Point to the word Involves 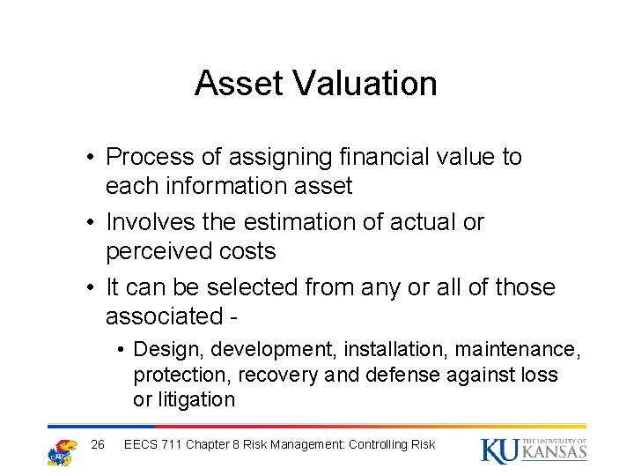coord(154,222)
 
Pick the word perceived coord(161,252)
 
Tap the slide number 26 coord(99,444)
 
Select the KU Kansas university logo coord(534,450)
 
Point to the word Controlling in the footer coord(384,444)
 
